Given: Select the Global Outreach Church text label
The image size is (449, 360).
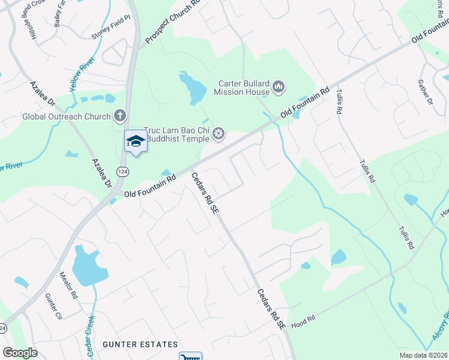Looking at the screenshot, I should coord(66,116).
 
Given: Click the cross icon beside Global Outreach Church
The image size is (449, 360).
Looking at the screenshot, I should coord(120,116).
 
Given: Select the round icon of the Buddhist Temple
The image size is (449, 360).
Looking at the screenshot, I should coord(219,134).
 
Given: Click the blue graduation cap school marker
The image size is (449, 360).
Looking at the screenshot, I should coord(135,141).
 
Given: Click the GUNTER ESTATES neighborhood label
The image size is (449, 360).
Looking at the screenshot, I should coord(140,344).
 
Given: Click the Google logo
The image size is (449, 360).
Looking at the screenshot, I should coord(20,353).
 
